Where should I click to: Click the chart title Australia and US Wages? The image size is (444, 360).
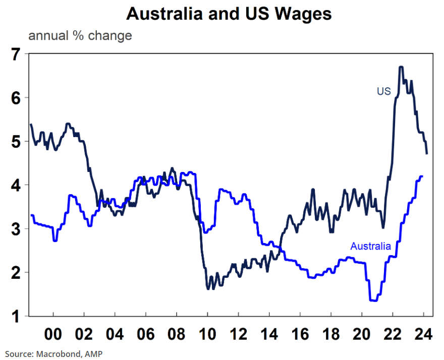pyautogui.click(x=229, y=14)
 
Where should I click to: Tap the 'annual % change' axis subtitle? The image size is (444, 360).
pyautogui.click(x=80, y=36)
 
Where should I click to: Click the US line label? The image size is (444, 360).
pyautogui.click(x=384, y=91)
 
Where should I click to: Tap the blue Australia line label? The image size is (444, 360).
pyautogui.click(x=370, y=247)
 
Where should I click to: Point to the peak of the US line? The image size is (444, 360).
pyautogui.click(x=401, y=67)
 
